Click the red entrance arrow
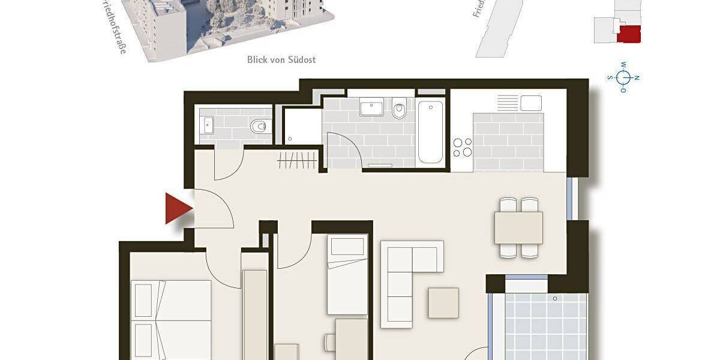click(178, 209)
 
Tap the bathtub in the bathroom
click(430, 132)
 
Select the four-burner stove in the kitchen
click(462, 147)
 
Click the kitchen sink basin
click(531, 103)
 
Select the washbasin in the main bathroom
click(372, 109)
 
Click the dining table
click(518, 228)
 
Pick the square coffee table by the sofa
click(443, 303)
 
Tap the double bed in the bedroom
click(171, 318)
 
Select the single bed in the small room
click(347, 274)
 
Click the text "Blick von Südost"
click(281, 59)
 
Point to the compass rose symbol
click(624, 77)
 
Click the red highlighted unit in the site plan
click(629, 34)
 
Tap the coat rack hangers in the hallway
click(297, 161)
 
